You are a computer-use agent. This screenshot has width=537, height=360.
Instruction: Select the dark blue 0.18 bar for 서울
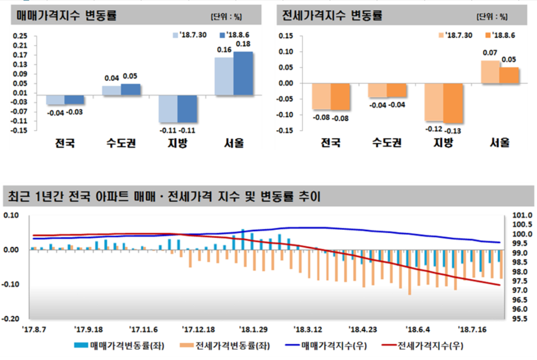243,74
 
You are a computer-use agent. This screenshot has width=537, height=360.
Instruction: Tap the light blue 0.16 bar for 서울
224,77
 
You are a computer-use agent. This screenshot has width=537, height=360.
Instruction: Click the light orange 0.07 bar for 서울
490,72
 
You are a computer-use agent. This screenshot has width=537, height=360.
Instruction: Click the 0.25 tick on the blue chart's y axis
20,36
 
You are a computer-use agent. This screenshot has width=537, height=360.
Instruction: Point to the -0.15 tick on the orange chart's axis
285,130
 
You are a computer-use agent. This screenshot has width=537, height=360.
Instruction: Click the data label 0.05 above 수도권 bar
130,77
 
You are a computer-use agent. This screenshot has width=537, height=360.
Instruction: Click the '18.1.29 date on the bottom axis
254,329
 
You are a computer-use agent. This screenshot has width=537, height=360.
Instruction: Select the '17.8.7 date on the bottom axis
33,329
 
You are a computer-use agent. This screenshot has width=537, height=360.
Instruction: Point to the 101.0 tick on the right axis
523,215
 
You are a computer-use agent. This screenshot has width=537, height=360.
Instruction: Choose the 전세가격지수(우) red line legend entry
422,346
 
